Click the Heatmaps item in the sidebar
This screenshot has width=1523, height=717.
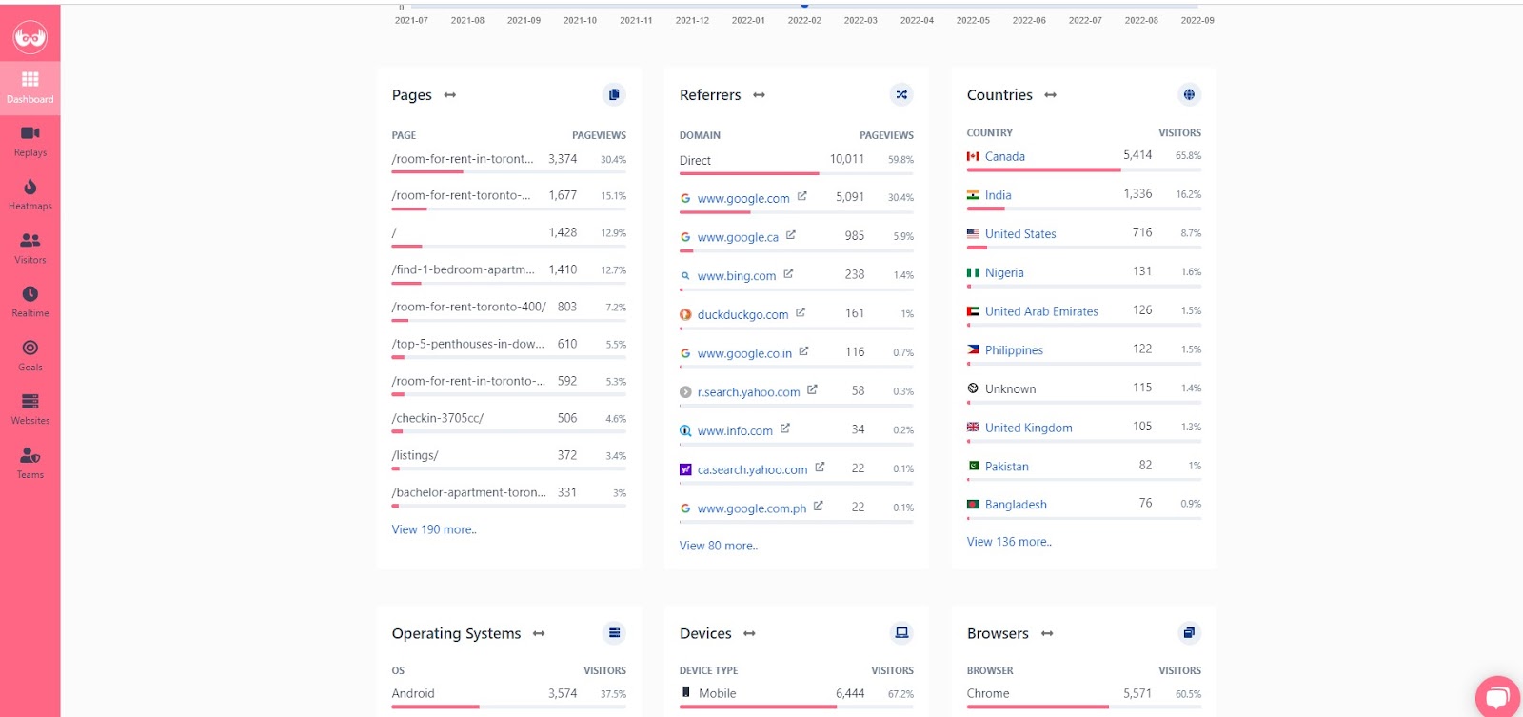30,193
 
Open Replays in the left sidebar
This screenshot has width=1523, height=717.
30,140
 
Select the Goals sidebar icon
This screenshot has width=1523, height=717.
30,354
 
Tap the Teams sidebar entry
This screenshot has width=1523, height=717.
30,462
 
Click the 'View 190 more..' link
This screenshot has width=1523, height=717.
434,529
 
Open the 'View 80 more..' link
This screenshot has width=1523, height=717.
719,546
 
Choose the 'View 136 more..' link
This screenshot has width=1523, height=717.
1009,542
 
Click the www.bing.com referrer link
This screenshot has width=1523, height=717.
736,276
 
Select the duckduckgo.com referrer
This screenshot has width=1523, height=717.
742,315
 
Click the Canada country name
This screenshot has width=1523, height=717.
1004,157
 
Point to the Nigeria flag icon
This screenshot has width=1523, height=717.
973,273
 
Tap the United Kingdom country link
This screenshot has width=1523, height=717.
1028,428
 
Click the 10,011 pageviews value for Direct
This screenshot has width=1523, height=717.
846,160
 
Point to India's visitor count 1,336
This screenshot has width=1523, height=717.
1137,194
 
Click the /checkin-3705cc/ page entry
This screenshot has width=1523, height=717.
438,418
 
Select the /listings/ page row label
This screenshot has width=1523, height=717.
415,455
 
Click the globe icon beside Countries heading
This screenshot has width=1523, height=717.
1189,94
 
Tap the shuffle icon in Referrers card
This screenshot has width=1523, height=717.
901,94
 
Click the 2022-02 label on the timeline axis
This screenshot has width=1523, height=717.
804,20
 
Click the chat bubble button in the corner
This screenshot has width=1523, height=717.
1497,697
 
